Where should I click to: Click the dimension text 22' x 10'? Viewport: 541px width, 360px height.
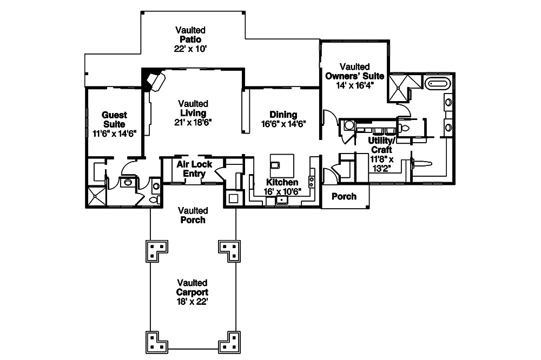pos(190,49)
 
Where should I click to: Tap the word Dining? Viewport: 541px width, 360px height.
pos(283,115)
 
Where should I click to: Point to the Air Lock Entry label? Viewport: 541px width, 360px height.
pos(194,168)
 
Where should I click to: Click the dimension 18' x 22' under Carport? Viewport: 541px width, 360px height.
pos(192,302)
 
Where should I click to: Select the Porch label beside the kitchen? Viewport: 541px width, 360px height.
pos(344,196)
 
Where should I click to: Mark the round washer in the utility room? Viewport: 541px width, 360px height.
pos(349,125)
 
